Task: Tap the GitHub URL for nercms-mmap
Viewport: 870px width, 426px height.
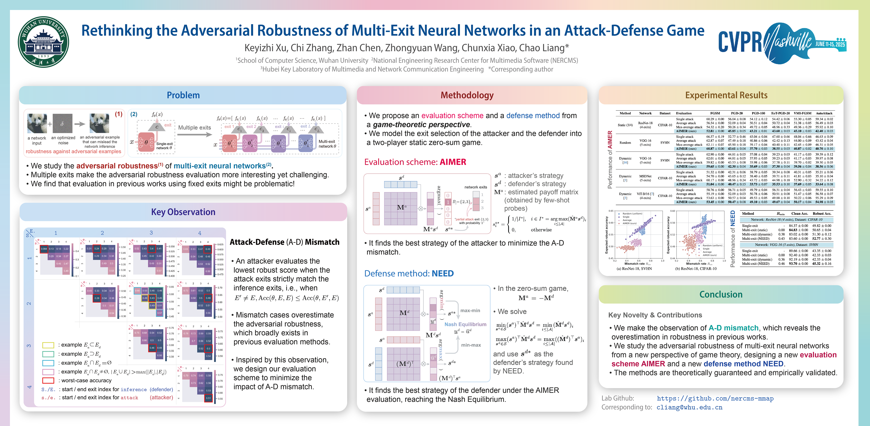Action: coord(715,399)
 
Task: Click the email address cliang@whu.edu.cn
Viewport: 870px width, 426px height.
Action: coord(689,407)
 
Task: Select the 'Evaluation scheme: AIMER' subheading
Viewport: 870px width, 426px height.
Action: coord(415,162)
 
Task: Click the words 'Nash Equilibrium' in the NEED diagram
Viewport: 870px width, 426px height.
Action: coord(465,324)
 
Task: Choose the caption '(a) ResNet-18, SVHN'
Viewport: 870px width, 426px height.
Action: coord(634,269)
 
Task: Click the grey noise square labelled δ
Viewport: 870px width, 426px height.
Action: coord(63,124)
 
